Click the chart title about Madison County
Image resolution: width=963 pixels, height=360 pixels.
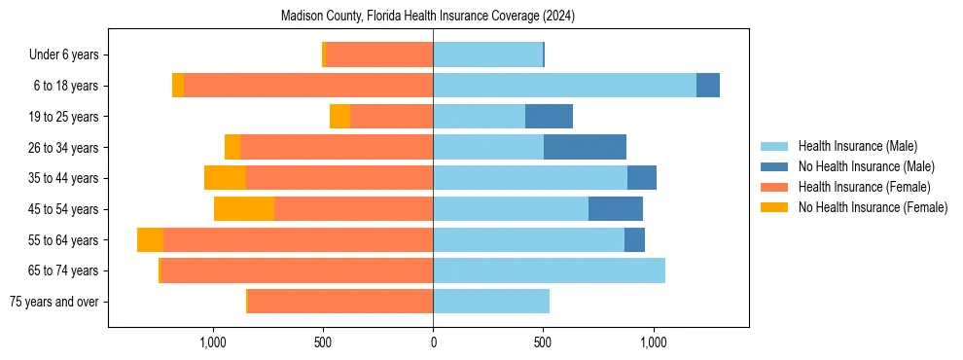[x=428, y=17]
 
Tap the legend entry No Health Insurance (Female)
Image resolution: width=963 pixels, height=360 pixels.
[x=873, y=207]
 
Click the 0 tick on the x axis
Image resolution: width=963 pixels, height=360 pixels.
[x=433, y=342]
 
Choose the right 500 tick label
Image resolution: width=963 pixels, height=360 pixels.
[x=543, y=342]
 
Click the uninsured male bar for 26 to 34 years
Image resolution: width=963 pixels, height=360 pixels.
[x=585, y=147]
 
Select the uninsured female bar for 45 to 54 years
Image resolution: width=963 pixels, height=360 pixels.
[x=244, y=209]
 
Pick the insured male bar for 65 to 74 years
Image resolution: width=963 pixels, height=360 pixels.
[x=549, y=270]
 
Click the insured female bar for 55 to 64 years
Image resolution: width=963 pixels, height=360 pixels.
[x=298, y=240]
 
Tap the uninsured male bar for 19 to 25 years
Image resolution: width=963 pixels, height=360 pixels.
[x=549, y=117]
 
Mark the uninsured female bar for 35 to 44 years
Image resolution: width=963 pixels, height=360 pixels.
[x=225, y=178]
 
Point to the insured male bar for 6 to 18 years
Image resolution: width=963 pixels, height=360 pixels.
[x=564, y=86]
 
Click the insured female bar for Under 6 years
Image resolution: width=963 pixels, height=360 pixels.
[x=378, y=55]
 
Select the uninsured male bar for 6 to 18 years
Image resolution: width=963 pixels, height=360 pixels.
[x=708, y=86]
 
